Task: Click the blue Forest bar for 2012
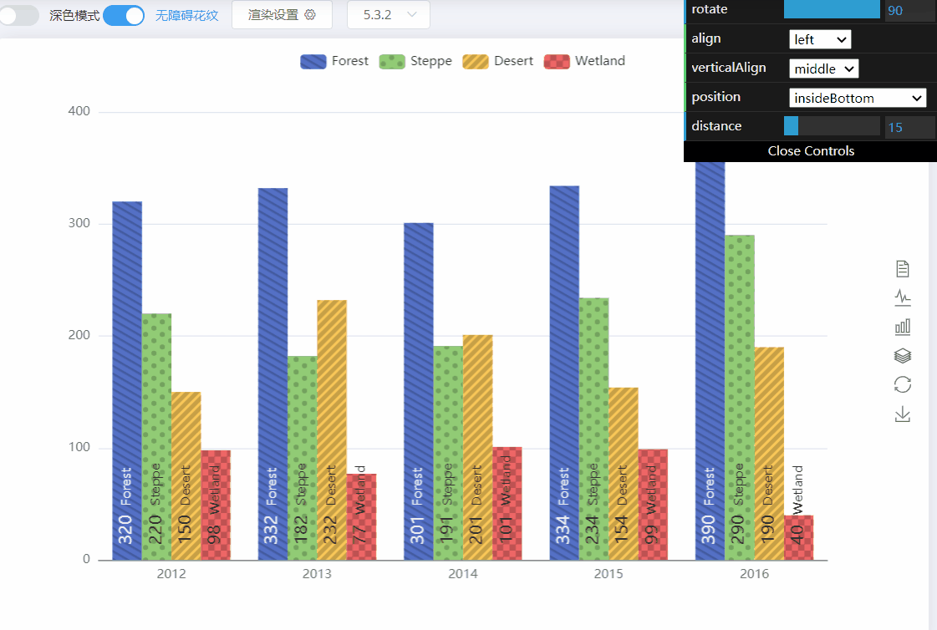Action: click(127, 351)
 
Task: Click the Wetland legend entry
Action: click(584, 61)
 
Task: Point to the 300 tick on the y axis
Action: click(81, 224)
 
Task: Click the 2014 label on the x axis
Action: click(462, 574)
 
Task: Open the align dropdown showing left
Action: click(819, 39)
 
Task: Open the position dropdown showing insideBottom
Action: click(857, 98)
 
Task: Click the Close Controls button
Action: click(810, 151)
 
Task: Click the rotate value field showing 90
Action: click(909, 11)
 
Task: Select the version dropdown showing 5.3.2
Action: click(389, 15)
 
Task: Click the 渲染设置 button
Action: click(282, 15)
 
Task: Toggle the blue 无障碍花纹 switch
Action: click(124, 15)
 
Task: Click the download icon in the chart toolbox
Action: click(903, 414)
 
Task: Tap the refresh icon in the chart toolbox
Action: click(903, 384)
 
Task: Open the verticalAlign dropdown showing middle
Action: click(823, 69)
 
